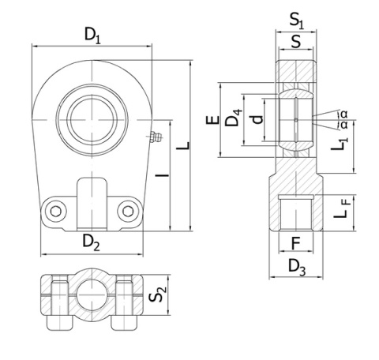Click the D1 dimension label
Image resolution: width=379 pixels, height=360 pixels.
(x=93, y=35)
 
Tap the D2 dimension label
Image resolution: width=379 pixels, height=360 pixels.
(x=92, y=244)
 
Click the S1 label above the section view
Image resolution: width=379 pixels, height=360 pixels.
(x=295, y=19)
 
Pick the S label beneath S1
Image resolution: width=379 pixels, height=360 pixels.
(x=295, y=41)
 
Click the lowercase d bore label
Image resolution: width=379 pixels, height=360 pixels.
(x=255, y=121)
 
